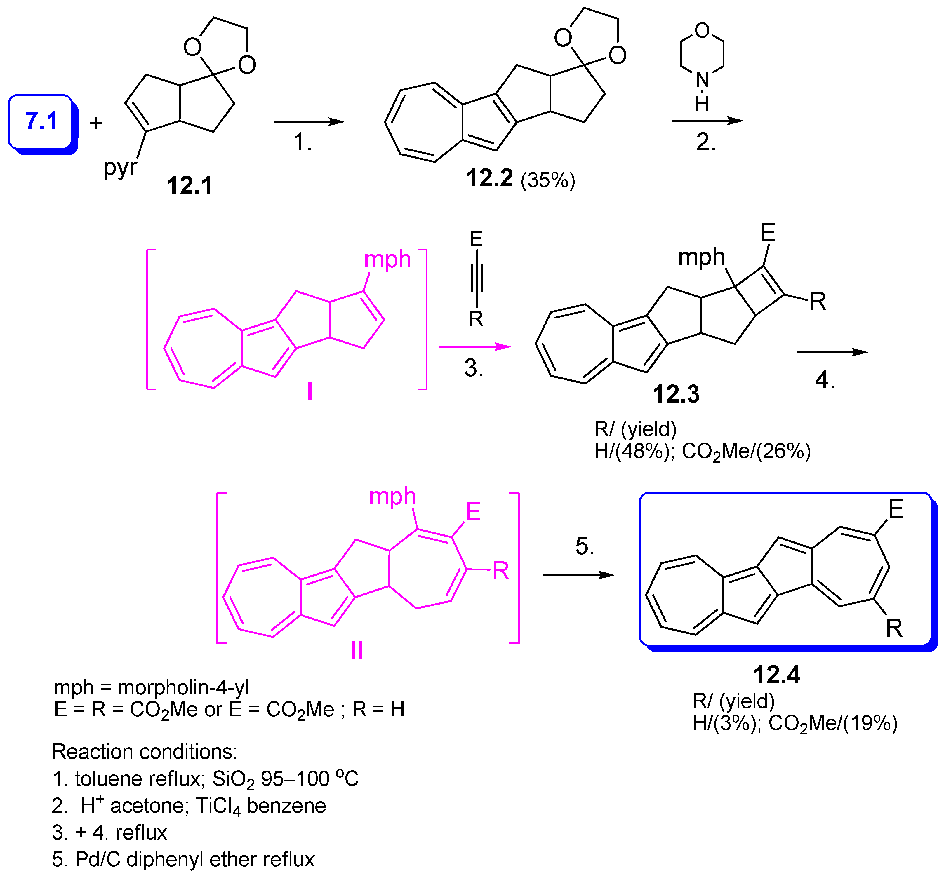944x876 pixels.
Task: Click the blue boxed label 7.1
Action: (41, 121)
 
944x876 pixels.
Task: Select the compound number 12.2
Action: (489, 178)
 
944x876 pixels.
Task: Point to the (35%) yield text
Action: (547, 180)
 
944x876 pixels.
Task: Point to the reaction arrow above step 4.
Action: (832, 352)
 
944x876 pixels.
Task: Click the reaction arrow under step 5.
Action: (578, 575)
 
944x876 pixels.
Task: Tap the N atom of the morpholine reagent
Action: (702, 79)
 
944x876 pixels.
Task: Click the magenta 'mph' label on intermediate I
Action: (387, 260)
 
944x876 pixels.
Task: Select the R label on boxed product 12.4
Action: (894, 628)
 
